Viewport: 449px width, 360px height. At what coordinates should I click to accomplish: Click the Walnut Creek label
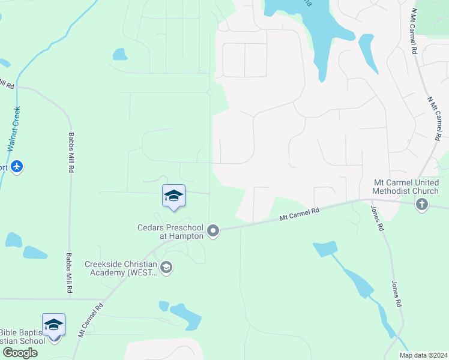click(14, 128)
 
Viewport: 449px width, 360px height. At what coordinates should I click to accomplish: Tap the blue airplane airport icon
click(17, 166)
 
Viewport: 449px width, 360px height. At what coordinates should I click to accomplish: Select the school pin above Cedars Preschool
click(173, 196)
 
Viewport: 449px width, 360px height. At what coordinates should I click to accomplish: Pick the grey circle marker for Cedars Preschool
click(212, 230)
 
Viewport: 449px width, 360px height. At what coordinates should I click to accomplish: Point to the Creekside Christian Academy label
click(121, 268)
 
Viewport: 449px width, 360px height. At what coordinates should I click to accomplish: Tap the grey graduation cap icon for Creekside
click(166, 268)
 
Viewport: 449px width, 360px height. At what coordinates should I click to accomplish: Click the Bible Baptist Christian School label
click(22, 337)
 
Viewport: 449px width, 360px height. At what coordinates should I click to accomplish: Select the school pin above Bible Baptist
click(53, 325)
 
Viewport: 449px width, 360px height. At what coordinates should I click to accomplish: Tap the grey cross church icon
click(422, 205)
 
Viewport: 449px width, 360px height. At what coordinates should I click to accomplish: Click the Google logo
click(19, 353)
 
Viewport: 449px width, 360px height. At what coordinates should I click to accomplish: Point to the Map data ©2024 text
click(423, 355)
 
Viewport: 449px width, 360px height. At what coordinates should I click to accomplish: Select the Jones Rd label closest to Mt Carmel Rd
click(376, 218)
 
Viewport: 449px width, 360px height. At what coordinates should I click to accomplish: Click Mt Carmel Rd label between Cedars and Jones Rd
click(298, 215)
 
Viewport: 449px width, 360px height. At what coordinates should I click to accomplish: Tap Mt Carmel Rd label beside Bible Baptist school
click(91, 320)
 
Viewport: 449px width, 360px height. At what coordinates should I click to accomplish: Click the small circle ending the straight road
click(209, 92)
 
